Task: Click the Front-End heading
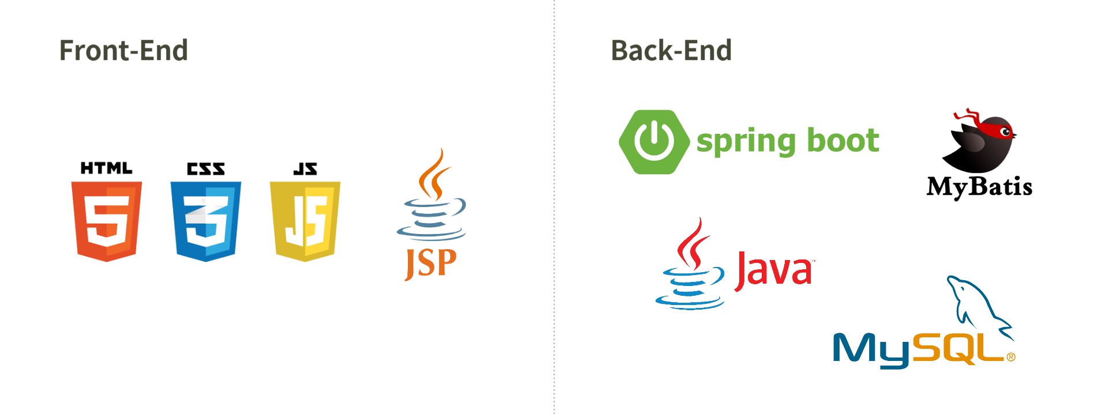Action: (x=123, y=50)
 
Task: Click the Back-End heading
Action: (x=671, y=50)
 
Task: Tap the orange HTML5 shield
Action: (x=107, y=221)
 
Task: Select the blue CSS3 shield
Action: (x=206, y=221)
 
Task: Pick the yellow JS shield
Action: (x=305, y=221)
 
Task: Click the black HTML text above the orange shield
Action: (x=107, y=168)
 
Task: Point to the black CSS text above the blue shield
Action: (x=206, y=168)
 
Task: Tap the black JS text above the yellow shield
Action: (x=305, y=168)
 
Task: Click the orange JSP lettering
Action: (x=431, y=264)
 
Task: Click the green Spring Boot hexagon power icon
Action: (x=654, y=142)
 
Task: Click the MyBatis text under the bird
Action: (x=979, y=187)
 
